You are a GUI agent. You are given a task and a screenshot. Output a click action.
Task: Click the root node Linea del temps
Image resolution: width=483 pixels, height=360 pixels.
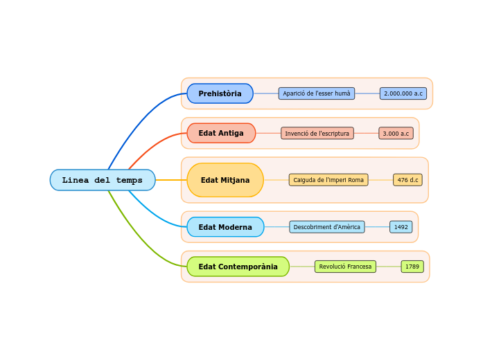pos(103,180)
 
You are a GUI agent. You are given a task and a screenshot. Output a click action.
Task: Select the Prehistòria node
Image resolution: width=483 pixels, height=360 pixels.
pos(220,93)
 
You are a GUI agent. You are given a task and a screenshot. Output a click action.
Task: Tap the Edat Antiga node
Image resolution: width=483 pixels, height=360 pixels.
pos(221,133)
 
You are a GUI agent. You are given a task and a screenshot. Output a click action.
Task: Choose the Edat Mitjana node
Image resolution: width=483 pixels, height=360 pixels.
pos(225,180)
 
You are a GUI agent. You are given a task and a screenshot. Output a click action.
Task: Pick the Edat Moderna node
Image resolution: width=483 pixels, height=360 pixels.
pos(225,227)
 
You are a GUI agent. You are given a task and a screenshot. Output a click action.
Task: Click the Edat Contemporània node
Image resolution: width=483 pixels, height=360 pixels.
pos(238,267)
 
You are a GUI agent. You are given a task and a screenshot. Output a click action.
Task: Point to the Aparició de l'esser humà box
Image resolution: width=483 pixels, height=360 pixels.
pos(317,93)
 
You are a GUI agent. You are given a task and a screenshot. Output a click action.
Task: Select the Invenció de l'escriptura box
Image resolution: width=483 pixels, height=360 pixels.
pos(317,133)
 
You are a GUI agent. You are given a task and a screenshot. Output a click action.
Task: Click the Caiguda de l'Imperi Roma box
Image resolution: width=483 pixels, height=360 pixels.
pos(328,180)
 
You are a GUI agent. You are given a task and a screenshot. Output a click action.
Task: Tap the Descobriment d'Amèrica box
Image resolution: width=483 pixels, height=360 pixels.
pos(327,227)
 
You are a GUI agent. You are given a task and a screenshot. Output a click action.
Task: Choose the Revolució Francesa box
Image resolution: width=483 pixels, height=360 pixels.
pos(345,267)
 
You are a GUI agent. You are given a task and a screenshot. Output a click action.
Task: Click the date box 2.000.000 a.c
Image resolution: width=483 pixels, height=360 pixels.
pos(403,93)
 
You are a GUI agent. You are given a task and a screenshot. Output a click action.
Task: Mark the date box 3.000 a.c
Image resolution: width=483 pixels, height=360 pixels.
pos(396,133)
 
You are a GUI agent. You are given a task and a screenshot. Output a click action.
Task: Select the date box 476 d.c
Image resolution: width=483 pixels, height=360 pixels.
pos(407,180)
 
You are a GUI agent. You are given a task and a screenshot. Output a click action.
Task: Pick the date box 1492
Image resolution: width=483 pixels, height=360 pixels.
pos(401,227)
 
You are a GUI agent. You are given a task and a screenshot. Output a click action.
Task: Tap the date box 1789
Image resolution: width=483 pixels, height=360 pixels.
pos(412,267)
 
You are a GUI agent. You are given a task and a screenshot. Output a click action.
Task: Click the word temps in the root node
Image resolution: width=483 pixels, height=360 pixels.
pos(130,180)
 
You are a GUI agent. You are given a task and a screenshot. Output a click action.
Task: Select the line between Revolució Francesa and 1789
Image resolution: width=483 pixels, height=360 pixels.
pos(389,267)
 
